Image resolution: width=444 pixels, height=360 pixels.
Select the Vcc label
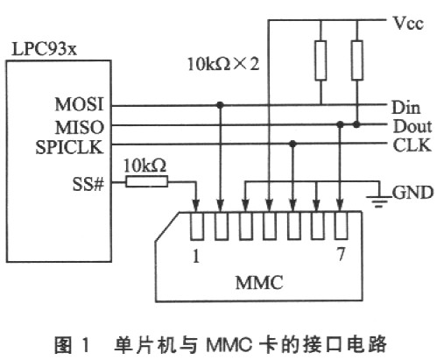pyautogui.click(x=407, y=24)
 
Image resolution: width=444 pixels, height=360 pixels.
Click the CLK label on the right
pyautogui.click(x=406, y=145)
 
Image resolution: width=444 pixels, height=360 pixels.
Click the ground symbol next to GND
pyautogui.click(x=380, y=199)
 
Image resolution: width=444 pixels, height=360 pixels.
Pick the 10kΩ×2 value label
pyautogui.click(x=224, y=64)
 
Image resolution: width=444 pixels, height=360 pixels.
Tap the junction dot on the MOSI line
pyautogui.click(x=220, y=105)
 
